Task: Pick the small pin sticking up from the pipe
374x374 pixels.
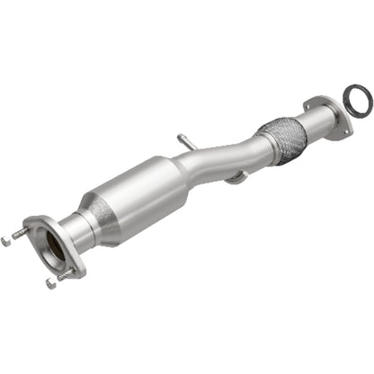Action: click(x=182, y=140)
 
